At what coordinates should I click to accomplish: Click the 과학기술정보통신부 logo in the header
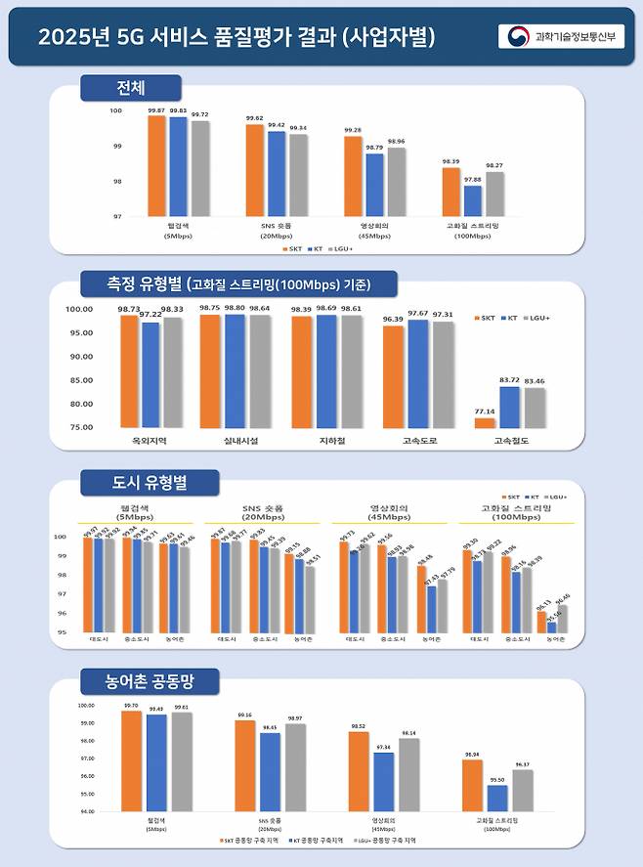point(560,36)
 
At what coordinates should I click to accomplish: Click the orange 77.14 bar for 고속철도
point(486,423)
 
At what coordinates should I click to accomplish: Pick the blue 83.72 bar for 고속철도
point(508,408)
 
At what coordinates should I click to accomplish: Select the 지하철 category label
point(313,442)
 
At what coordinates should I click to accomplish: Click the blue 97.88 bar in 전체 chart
point(473,200)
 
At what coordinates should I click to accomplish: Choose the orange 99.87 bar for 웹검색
point(156,166)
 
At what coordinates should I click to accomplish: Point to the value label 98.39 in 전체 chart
point(450,161)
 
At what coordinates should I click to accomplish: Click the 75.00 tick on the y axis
point(79,427)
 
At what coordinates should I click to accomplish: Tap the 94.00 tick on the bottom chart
point(85,811)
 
